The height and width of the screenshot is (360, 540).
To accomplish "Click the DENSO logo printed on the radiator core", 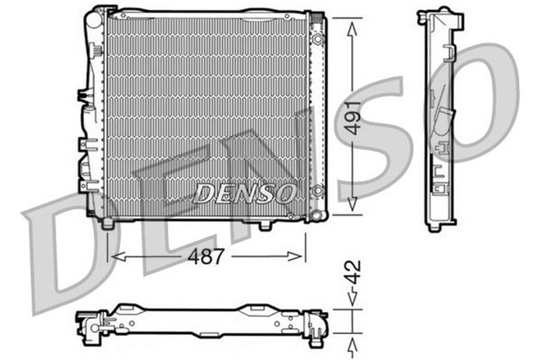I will point(245,193).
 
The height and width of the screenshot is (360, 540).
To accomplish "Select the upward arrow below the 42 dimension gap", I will point(354,341).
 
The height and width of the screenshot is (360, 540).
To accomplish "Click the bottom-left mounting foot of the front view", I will point(107,223).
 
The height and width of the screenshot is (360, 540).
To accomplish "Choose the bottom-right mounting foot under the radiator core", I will point(264,225).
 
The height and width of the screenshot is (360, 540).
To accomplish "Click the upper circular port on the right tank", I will point(317,40).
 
